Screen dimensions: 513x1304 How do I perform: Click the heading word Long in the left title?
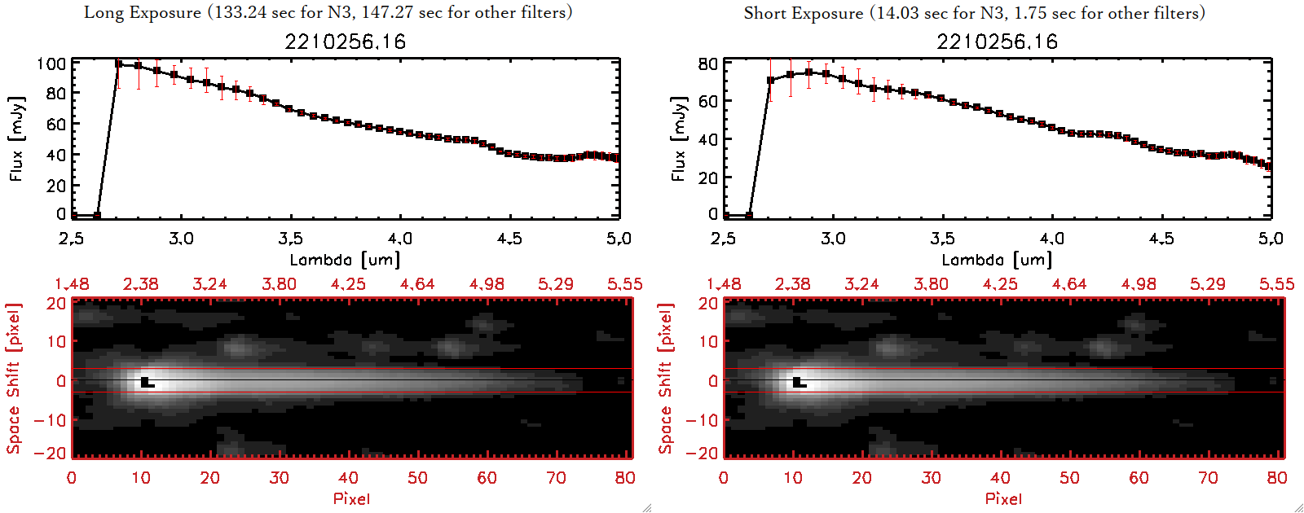coord(101,12)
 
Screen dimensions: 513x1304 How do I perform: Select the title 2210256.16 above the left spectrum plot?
coord(345,42)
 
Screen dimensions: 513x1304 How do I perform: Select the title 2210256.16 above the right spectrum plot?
coord(997,42)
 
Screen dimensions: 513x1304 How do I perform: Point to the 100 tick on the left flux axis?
coord(51,64)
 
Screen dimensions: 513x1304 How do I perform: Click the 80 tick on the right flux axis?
coord(708,64)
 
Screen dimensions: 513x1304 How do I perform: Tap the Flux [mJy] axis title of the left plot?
coord(17,138)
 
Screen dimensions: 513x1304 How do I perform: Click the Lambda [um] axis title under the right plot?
coord(997,260)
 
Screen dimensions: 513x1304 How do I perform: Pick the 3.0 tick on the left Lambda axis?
coord(181,239)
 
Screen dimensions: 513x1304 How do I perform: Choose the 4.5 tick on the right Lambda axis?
coord(1161,239)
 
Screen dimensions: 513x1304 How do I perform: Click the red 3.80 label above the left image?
coord(279,284)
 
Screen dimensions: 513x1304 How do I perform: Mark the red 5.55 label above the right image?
coord(1276,284)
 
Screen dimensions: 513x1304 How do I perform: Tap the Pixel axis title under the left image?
coord(351,498)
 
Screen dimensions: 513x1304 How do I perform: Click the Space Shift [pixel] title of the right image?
coord(666,379)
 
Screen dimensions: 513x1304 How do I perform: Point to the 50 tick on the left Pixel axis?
coord(417,478)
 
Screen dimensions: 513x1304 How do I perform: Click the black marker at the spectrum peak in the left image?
coord(146,382)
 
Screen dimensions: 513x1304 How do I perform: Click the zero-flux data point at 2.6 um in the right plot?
coord(749,216)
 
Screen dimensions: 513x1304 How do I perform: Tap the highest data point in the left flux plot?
coord(119,64)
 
